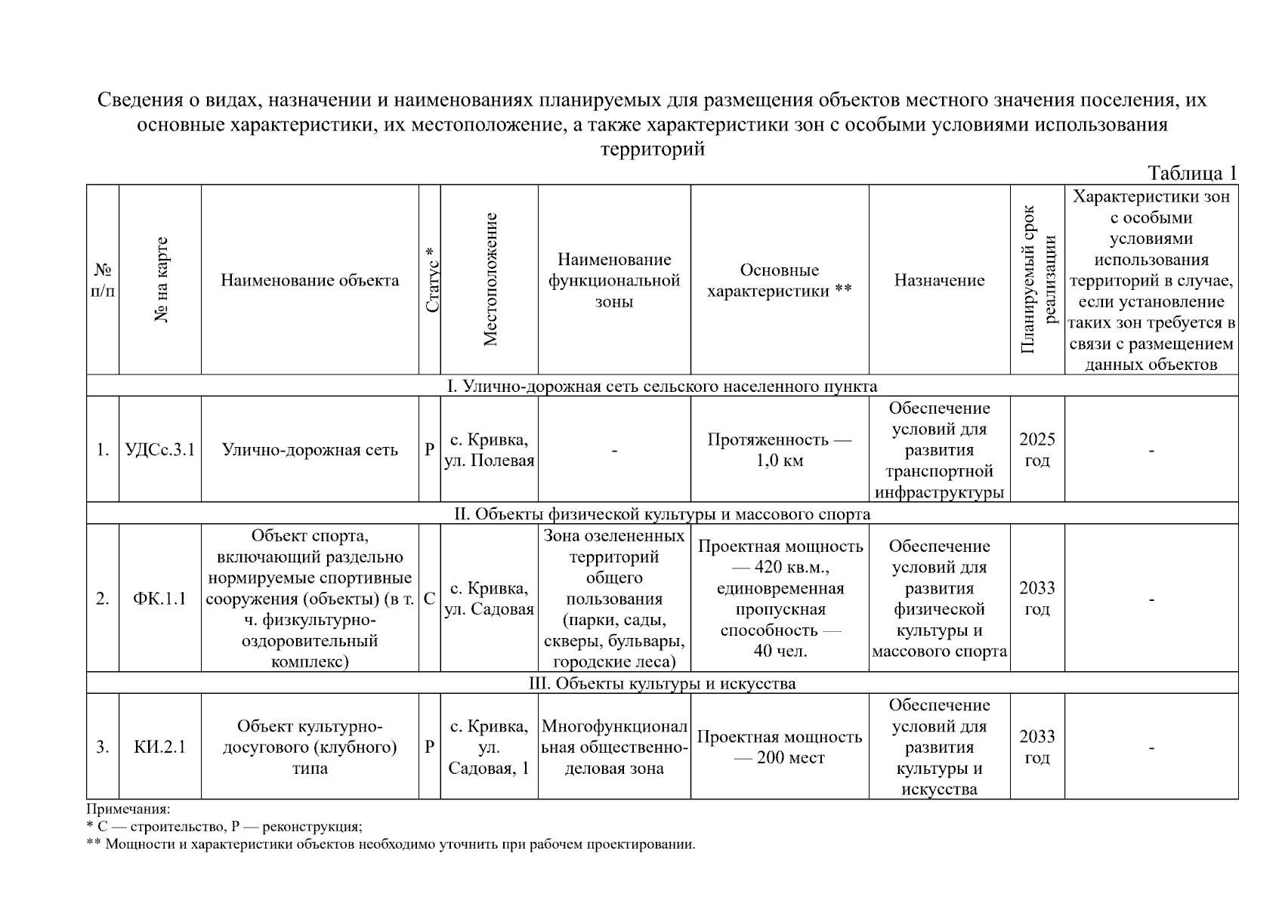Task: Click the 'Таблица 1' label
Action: (x=1192, y=173)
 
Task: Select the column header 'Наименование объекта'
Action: (x=310, y=280)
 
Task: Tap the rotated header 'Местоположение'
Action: (x=490, y=280)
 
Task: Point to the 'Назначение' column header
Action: (x=939, y=280)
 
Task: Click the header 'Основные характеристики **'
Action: (x=779, y=280)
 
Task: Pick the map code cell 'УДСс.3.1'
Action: (x=159, y=450)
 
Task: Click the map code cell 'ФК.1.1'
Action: (x=159, y=599)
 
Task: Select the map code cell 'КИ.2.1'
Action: (x=159, y=747)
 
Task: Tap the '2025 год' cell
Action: (x=1036, y=450)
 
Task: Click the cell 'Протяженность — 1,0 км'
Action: (x=779, y=450)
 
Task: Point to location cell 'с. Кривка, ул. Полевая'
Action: (x=489, y=450)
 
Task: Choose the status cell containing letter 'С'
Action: (x=429, y=599)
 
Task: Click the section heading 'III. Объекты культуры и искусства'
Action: (x=662, y=683)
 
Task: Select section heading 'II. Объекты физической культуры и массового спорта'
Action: (x=662, y=514)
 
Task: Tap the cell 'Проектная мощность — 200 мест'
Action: (x=779, y=747)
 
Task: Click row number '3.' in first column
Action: (x=103, y=747)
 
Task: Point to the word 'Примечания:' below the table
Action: (x=128, y=809)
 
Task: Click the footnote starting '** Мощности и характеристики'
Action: (x=391, y=844)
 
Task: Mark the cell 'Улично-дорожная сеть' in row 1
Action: (x=310, y=450)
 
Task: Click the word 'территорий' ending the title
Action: (x=652, y=149)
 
